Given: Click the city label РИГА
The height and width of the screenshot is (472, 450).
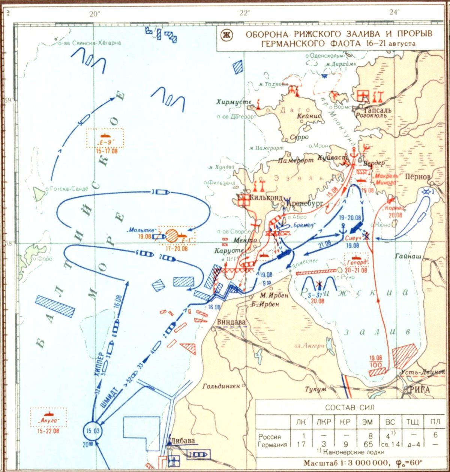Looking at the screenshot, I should [x=417, y=390].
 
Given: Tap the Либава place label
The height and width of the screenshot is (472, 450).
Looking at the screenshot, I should [x=182, y=441].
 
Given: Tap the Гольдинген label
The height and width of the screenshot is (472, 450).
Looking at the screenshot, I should [x=221, y=386].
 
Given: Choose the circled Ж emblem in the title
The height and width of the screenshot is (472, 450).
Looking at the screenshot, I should [x=227, y=36].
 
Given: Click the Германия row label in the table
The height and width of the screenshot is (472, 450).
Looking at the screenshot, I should [x=273, y=445].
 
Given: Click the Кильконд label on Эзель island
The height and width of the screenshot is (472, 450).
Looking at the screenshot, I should [x=265, y=196].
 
